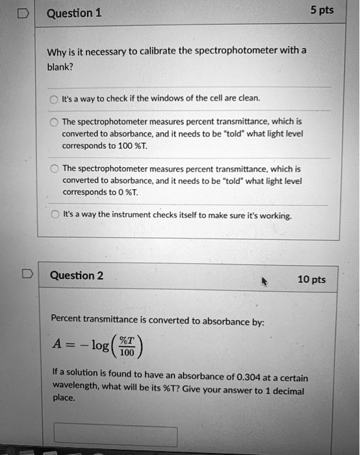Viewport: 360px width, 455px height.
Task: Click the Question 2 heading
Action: click(x=77, y=275)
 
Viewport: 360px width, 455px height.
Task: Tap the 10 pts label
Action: click(x=311, y=279)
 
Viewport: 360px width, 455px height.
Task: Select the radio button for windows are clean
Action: click(x=53, y=99)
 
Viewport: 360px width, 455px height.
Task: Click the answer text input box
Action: click(x=115, y=435)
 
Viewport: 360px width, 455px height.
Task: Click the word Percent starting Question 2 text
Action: click(x=70, y=320)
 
